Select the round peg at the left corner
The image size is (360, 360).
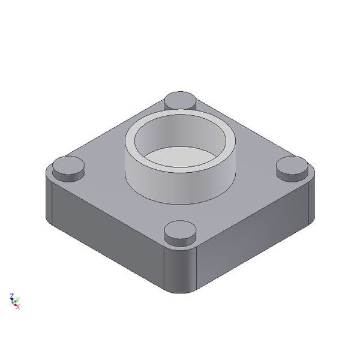[67, 166]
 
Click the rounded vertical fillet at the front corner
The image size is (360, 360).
[180, 270]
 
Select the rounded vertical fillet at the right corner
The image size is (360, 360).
[311, 201]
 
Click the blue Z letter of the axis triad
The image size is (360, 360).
[11, 296]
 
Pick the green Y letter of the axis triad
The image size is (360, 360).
[17, 299]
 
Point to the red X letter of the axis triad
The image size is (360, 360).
[17, 307]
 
